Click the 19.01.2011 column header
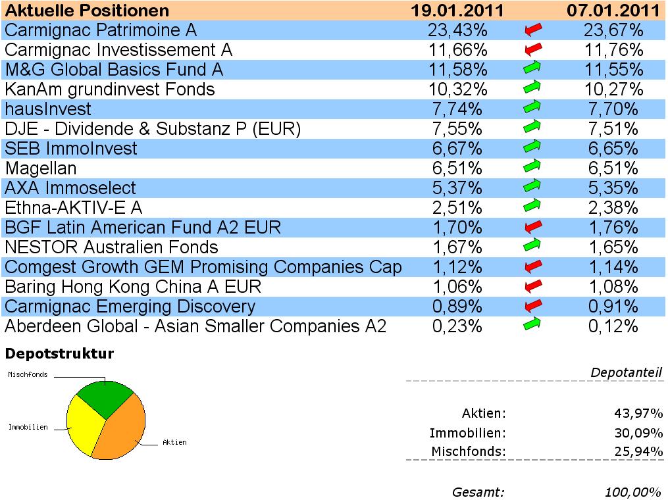[x=457, y=11]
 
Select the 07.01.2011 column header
[x=613, y=11]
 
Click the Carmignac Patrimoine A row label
[x=101, y=30]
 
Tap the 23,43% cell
[x=459, y=30]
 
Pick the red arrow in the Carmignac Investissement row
[x=532, y=49]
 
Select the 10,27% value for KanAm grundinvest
[x=611, y=89]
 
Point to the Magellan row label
[x=41, y=168]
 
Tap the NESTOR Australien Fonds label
[x=111, y=247]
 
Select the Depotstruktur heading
[x=59, y=354]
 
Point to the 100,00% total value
[x=633, y=492]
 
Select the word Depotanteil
[x=626, y=373]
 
